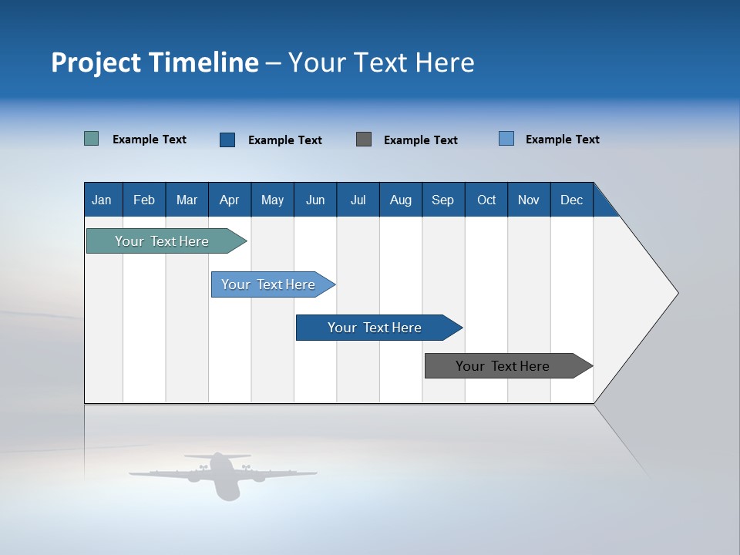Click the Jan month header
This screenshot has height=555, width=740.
102,200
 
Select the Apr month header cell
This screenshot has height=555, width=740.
229,200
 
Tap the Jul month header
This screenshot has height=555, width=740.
358,200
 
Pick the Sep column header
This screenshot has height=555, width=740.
442,200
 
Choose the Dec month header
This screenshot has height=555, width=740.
571,200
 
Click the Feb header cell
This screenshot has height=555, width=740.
144,200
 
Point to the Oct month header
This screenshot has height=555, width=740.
486,200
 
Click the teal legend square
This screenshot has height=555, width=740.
91,139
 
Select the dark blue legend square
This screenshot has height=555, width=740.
227,140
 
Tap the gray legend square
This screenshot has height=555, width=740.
364,140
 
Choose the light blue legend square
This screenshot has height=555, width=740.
506,139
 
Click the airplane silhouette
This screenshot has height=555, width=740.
223,473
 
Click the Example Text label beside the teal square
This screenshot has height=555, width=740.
150,140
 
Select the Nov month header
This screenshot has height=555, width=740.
529,200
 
